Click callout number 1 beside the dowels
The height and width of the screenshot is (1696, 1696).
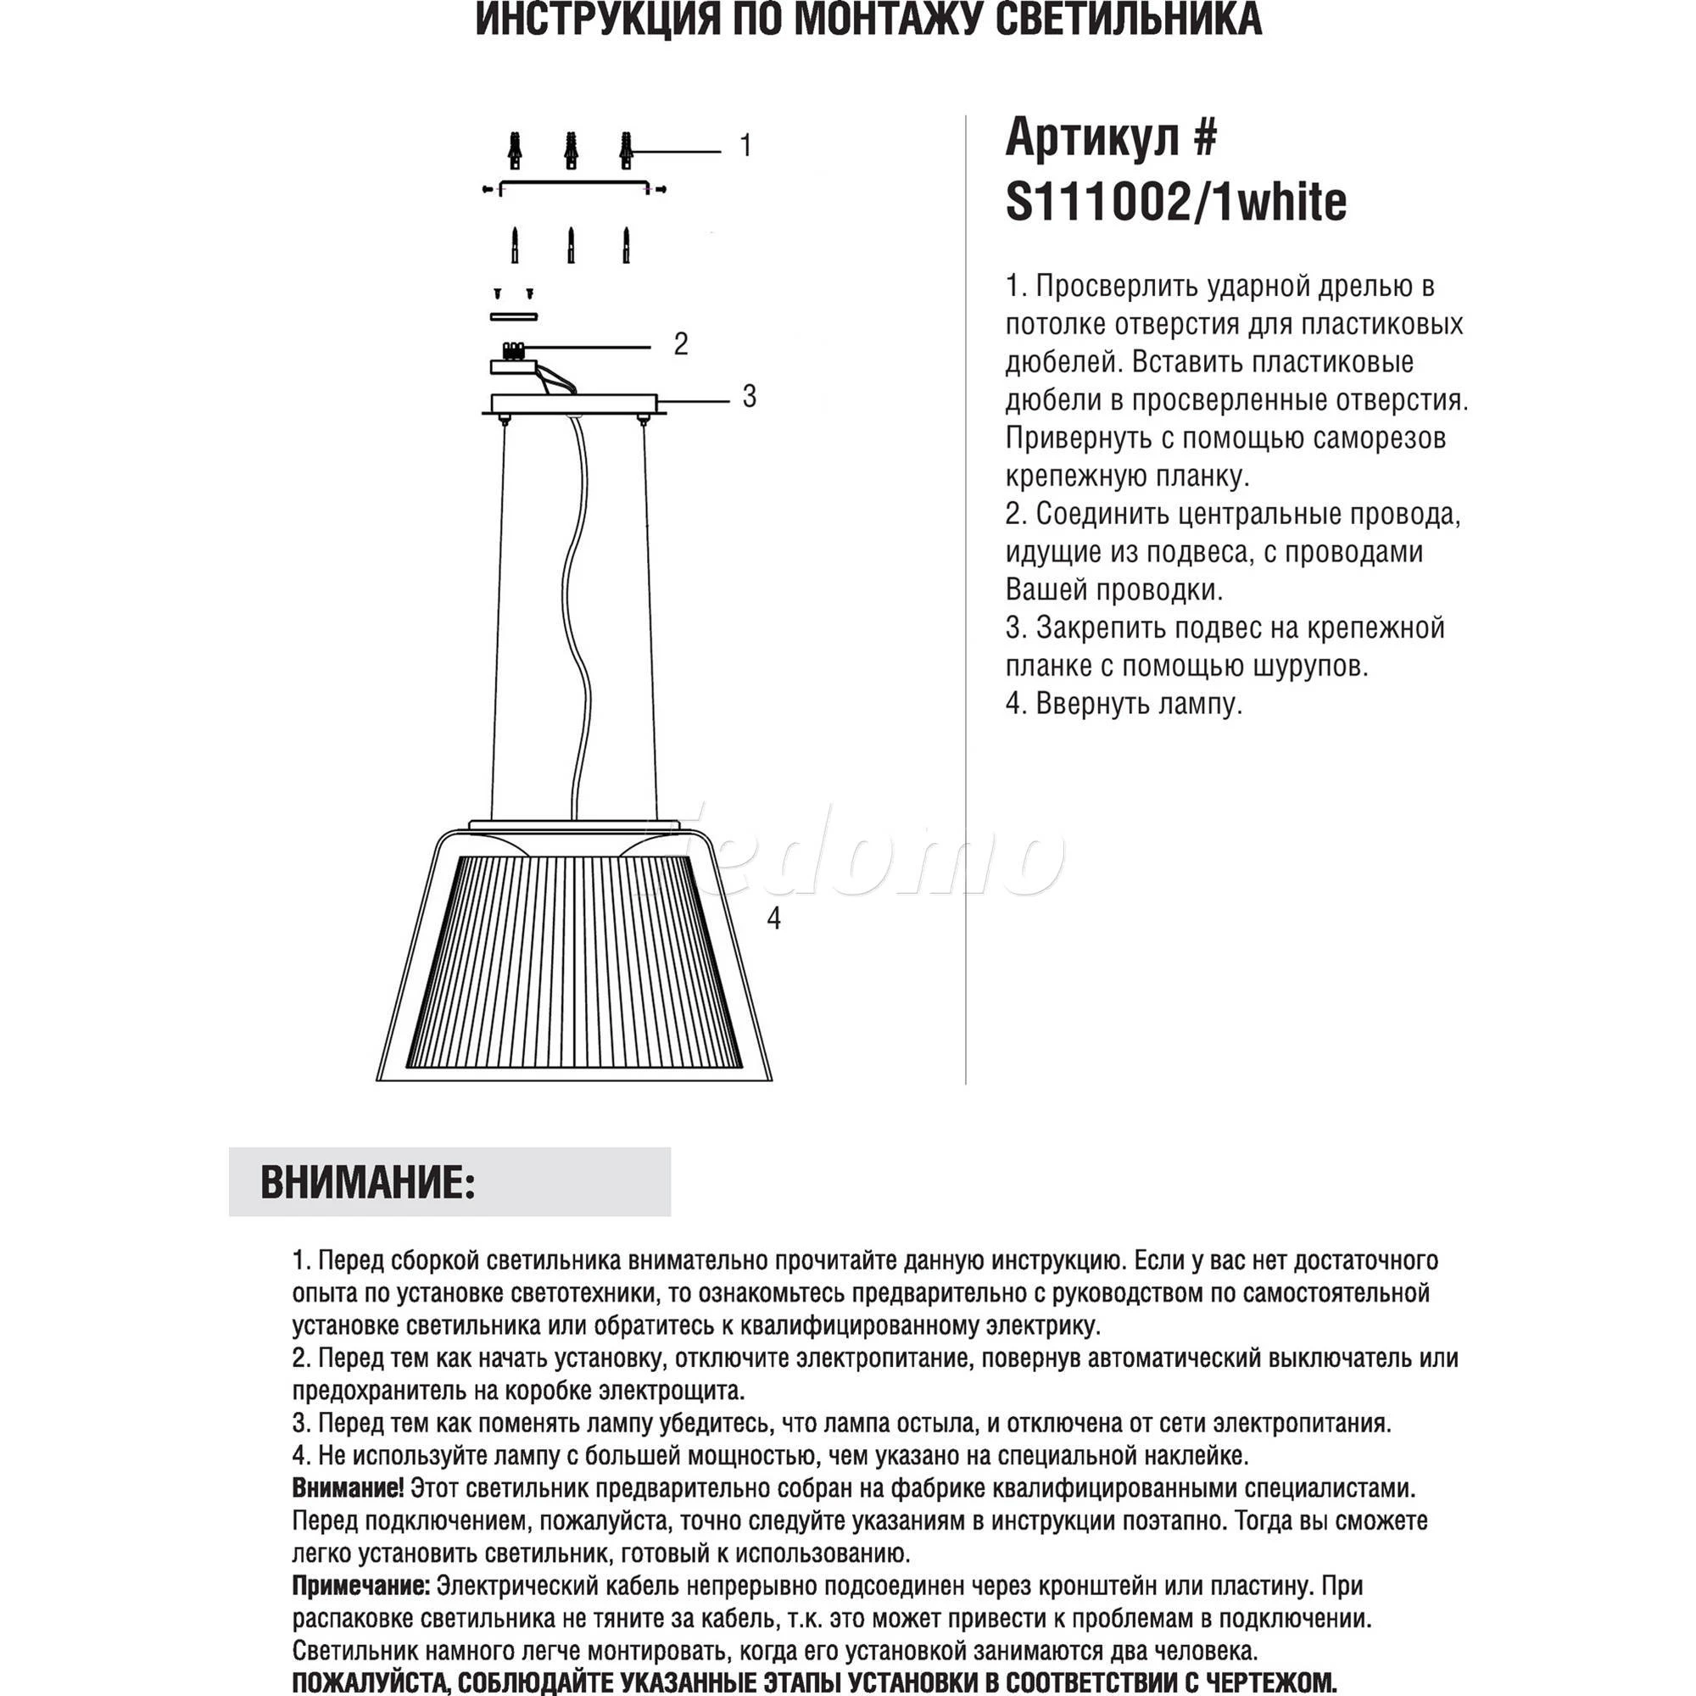(745, 146)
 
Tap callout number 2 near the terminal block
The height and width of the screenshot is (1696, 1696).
(680, 344)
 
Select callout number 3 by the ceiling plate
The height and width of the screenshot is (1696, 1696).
(749, 397)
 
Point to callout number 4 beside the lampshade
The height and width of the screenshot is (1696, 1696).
(773, 918)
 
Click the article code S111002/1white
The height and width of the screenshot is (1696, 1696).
(1175, 203)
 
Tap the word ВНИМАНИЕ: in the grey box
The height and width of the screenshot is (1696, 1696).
(368, 1182)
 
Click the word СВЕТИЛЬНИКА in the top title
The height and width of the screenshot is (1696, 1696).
(1128, 20)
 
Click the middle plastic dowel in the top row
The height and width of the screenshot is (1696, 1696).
(572, 151)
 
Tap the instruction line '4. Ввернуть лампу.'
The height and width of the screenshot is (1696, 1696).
(1124, 704)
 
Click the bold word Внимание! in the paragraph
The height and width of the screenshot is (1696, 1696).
(348, 1488)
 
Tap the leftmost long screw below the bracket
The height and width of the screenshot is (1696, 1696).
(516, 245)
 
